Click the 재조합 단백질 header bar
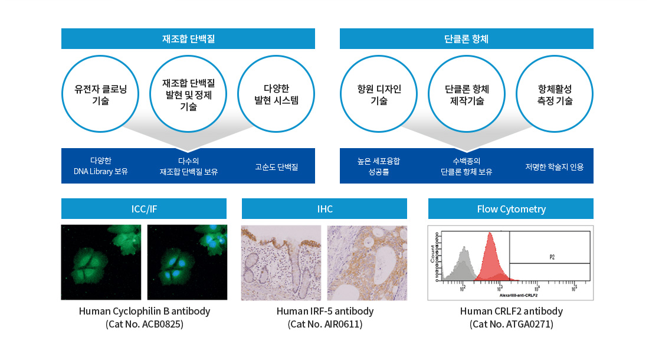point(188,39)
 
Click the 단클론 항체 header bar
point(466,39)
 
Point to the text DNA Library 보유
point(100,172)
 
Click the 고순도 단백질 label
point(276,167)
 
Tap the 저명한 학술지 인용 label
point(555,167)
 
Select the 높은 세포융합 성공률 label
point(378,166)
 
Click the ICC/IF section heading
point(144,209)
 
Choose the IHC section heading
point(324,209)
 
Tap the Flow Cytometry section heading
point(511,209)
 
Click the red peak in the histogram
point(490,260)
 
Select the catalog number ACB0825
point(145,324)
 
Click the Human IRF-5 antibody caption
point(325,311)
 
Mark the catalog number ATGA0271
point(512,324)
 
